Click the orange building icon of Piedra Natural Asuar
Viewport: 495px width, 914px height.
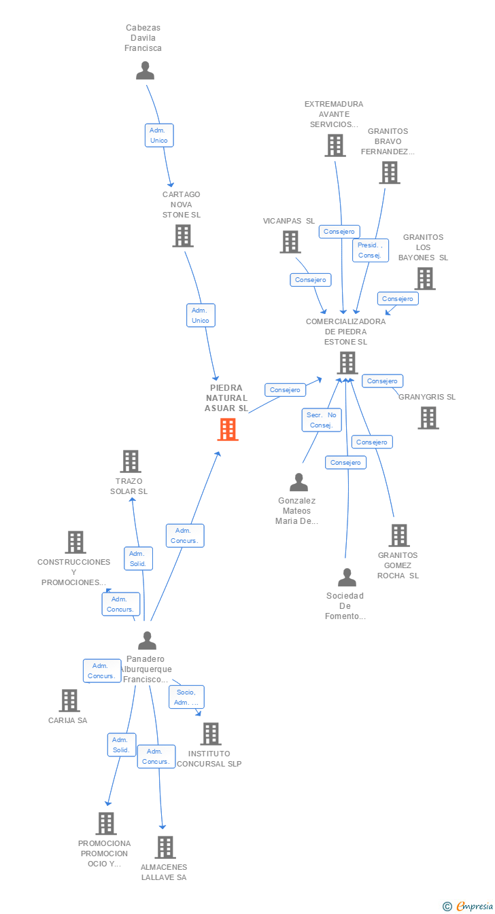[x=228, y=429]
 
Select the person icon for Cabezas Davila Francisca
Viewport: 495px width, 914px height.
[x=145, y=70]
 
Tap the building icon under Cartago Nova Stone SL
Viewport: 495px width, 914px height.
[x=182, y=236]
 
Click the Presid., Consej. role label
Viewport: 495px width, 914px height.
[x=371, y=250]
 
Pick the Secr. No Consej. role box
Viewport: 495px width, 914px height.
[x=322, y=420]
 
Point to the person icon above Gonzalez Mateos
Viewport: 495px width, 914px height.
[x=298, y=482]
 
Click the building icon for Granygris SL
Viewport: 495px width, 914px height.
[x=428, y=418]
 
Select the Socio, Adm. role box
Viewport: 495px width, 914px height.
[x=186, y=697]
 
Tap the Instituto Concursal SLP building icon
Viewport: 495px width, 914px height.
[x=211, y=734]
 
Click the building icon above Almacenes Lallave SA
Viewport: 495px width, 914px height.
[x=165, y=847]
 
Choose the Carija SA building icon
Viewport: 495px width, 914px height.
[x=69, y=700]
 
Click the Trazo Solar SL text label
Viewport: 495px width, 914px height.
[x=129, y=486]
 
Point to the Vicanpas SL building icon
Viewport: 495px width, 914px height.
[x=290, y=242]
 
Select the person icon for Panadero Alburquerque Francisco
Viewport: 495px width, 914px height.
[x=147, y=640]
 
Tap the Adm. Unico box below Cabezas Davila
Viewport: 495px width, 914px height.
[x=159, y=135]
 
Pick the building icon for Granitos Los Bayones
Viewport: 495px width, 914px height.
[x=425, y=279]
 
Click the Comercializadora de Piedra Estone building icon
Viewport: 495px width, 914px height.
[x=347, y=363]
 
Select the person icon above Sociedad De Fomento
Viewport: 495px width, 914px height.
[x=347, y=577]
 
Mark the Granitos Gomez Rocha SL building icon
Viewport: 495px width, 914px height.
[x=399, y=535]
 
